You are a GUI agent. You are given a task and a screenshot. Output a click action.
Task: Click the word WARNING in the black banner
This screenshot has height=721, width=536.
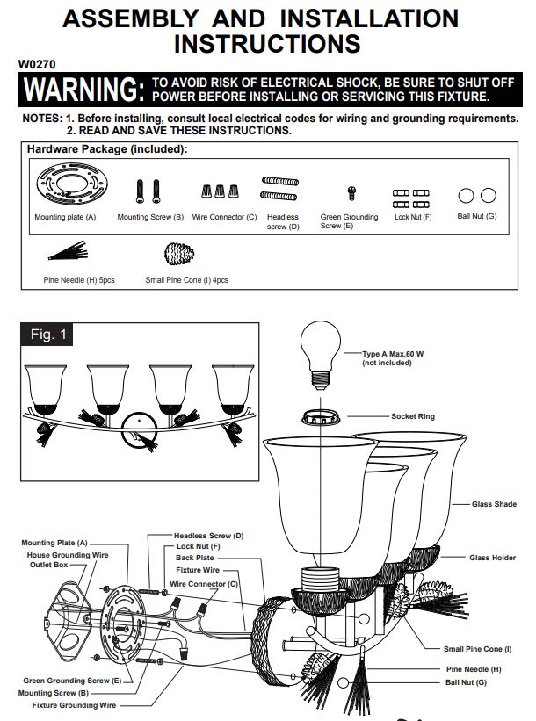pos(83,89)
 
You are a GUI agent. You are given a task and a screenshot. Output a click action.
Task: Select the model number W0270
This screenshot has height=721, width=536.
pos(37,64)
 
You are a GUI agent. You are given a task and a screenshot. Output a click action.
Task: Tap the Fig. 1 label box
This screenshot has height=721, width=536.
pos(47,335)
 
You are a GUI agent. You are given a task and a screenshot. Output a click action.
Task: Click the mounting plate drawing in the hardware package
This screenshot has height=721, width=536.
pos(72,185)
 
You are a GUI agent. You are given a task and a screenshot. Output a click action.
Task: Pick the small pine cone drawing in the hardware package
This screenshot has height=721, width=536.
pos(179,254)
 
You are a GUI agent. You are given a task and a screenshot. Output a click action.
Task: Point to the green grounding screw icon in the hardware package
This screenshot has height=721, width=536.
pos(351,193)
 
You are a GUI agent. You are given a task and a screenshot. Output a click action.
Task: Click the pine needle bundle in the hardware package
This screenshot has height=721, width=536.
pos(68,250)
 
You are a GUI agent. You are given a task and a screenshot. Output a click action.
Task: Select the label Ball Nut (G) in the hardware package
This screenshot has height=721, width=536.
pos(477,216)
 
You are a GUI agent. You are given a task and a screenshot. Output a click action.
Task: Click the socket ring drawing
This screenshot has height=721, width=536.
pos(321,417)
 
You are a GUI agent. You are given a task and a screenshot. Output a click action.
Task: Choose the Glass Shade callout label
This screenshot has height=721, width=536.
pos(494,504)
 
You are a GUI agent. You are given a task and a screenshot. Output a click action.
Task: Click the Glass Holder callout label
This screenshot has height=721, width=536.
pos(493,558)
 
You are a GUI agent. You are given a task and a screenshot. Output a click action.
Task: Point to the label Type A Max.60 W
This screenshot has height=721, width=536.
pos(393,354)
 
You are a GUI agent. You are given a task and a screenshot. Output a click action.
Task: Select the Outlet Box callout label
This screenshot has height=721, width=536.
pos(49,565)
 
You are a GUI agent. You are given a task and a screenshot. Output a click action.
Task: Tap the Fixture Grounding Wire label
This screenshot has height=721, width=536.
pos(74,705)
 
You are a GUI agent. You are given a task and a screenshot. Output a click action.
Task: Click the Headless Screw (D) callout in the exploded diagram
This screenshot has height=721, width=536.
pos(209,536)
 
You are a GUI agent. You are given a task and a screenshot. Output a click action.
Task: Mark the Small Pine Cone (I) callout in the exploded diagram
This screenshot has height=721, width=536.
pos(478,649)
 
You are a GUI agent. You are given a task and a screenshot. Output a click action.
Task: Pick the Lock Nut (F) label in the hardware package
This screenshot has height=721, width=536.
pos(413,217)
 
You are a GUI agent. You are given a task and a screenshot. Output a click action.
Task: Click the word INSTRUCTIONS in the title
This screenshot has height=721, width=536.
pos(267,44)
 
